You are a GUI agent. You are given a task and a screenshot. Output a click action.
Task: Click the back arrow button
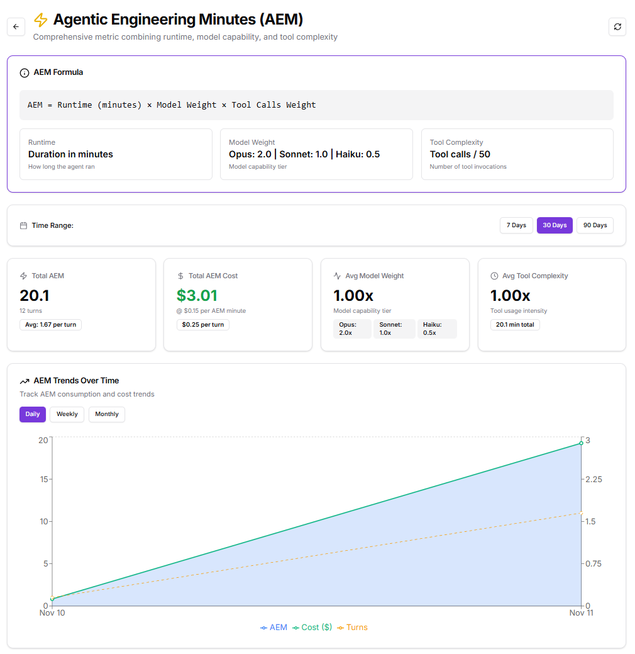[x=16, y=26]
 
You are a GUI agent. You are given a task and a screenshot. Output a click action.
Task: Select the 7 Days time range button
[x=516, y=225]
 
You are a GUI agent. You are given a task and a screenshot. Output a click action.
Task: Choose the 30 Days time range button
[x=555, y=225]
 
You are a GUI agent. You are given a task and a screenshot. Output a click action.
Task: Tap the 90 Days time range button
[x=595, y=225]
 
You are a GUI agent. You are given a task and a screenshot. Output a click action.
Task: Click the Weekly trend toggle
[x=67, y=414]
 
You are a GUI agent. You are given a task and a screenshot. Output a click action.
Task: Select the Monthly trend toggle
[x=107, y=414]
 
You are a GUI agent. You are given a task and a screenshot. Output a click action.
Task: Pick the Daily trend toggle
[x=33, y=414]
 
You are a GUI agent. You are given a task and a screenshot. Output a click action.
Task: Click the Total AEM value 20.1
[x=35, y=295]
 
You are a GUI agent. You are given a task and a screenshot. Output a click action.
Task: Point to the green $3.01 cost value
[x=197, y=295]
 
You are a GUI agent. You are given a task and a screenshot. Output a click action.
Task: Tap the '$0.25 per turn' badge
[x=202, y=325]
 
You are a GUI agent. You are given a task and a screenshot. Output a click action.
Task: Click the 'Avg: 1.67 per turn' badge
[x=50, y=325]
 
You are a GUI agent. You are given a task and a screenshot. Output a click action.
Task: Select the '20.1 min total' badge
[x=515, y=325]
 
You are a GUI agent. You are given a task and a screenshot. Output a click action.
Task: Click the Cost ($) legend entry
[x=312, y=628]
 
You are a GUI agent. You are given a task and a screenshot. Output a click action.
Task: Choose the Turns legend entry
[x=353, y=628]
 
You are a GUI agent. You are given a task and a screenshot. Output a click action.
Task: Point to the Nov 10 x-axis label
[x=52, y=612]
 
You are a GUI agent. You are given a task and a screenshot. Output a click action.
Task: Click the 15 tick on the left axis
[x=43, y=479]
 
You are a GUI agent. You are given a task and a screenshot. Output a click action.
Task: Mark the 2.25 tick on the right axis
[x=594, y=479]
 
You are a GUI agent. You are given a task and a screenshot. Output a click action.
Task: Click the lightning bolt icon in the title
[x=41, y=20]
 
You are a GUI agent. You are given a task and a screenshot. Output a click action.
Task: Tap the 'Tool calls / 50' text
[x=460, y=154]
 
